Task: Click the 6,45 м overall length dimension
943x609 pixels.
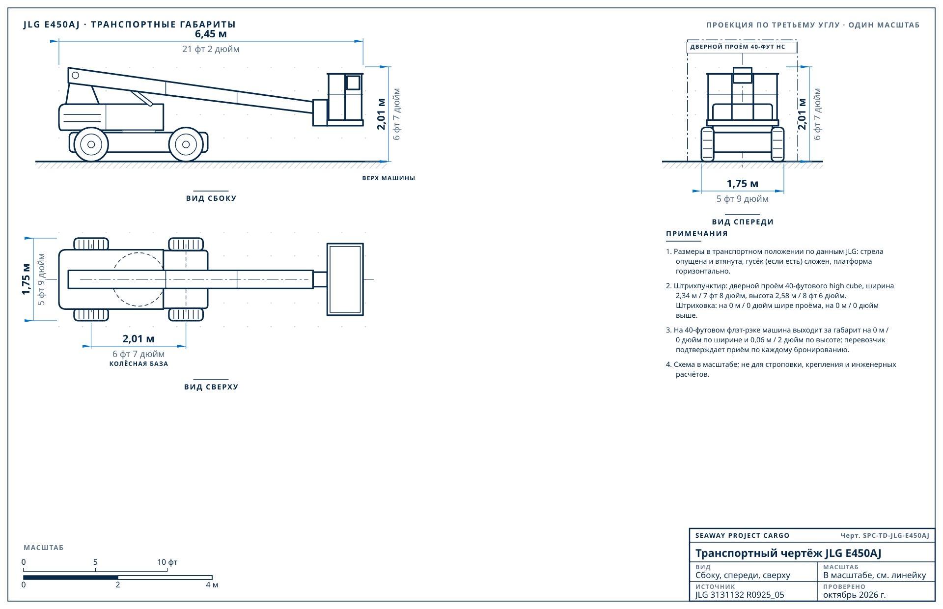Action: coord(211,34)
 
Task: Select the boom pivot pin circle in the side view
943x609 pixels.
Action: coord(75,75)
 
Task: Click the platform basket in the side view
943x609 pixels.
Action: coord(345,99)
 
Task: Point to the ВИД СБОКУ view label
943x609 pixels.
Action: coord(211,198)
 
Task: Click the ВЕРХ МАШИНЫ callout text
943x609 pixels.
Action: coord(388,178)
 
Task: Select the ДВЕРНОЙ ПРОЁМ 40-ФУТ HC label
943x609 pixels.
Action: coord(738,47)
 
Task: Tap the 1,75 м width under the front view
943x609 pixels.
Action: coord(743,184)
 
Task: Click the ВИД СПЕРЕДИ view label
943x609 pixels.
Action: coord(743,222)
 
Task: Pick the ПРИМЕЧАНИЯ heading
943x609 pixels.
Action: coord(697,234)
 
